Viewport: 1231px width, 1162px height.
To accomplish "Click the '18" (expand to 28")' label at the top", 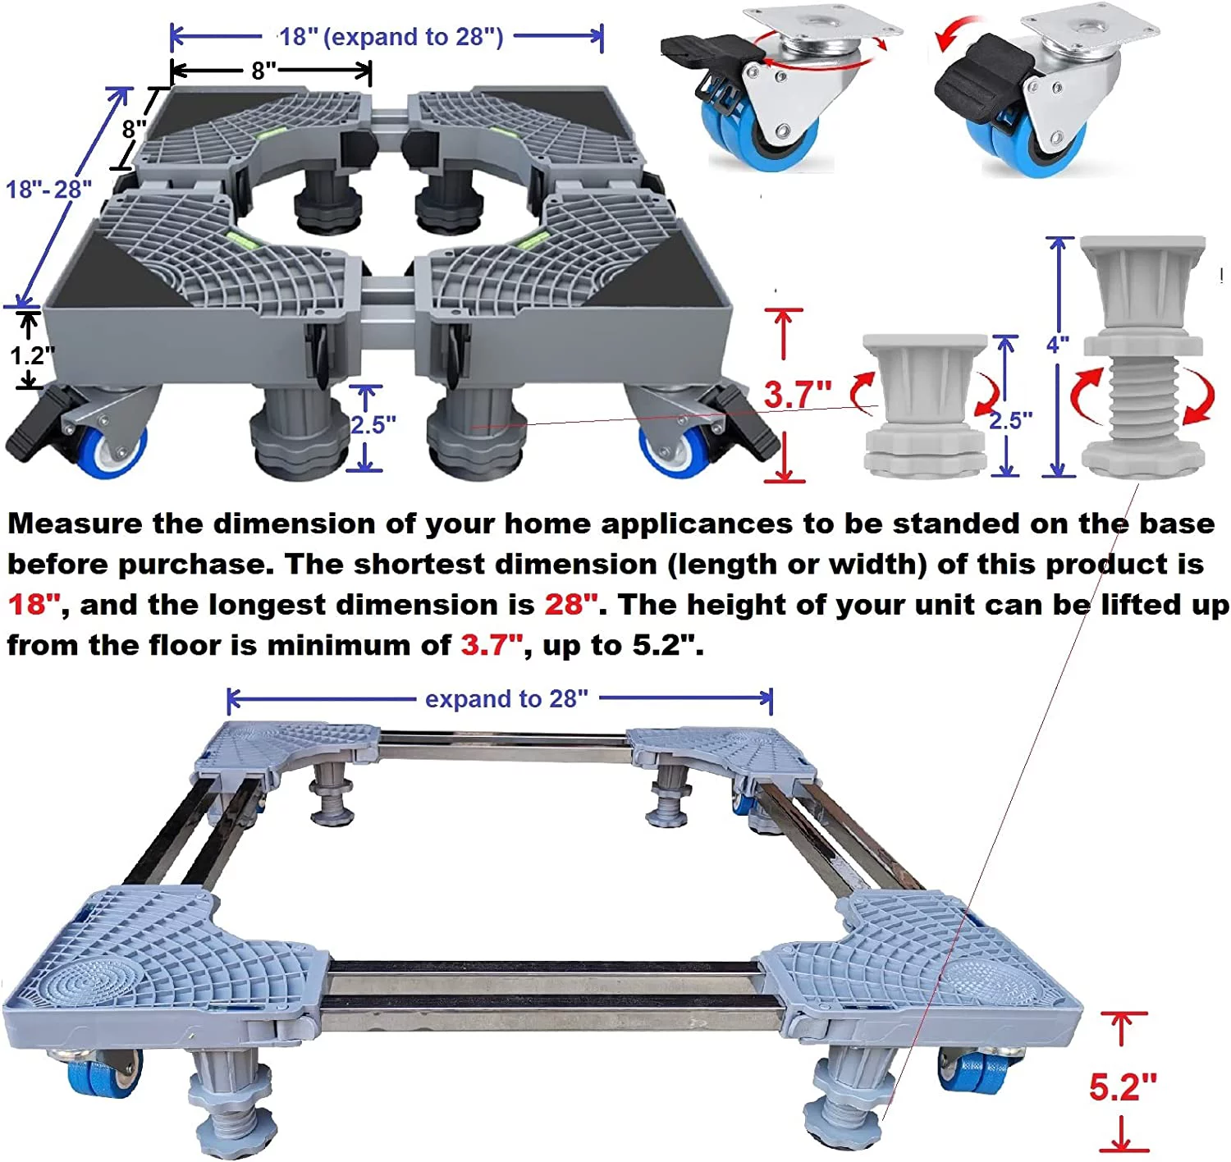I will coord(390,37).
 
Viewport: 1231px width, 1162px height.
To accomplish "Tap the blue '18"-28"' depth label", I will coord(48,190).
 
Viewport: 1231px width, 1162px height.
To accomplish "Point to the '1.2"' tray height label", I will coord(32,355).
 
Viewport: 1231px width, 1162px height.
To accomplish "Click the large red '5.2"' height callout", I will coord(1122,1087).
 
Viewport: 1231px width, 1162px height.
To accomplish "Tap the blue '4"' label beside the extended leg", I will coord(1057,344).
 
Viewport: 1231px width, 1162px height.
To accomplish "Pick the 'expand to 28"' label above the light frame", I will coord(506,699).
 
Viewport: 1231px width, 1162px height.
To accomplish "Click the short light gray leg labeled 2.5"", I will coord(925,406).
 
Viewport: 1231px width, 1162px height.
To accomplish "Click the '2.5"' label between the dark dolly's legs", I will coord(373,425).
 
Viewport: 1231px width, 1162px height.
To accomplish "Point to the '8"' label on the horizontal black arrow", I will coord(263,71).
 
